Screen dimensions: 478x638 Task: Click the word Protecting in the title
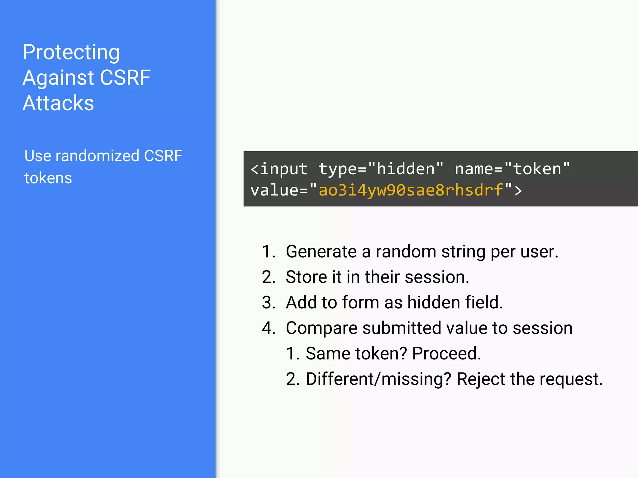click(x=71, y=52)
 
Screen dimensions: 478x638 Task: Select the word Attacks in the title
click(x=58, y=103)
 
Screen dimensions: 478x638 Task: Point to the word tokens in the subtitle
click(x=48, y=178)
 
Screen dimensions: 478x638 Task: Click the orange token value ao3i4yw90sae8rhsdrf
click(x=411, y=190)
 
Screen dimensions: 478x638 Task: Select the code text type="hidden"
click(x=381, y=169)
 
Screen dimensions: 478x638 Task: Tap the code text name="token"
click(x=512, y=169)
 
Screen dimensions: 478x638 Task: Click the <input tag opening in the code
click(x=279, y=169)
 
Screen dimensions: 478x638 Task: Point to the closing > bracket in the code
click(x=518, y=190)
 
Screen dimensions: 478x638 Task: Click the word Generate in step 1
click(x=321, y=252)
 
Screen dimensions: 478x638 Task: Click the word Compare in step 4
click(x=321, y=329)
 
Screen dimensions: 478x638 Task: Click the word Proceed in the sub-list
click(x=446, y=354)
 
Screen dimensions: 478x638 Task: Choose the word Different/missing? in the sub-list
click(x=378, y=379)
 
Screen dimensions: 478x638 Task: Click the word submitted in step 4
click(x=402, y=328)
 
